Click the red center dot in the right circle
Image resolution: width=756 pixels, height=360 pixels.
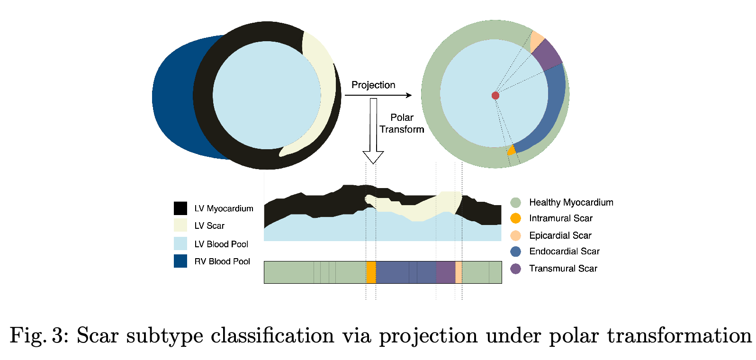(x=495, y=96)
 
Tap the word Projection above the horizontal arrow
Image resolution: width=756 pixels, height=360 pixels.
(x=373, y=85)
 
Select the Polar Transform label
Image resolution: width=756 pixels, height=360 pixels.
(x=402, y=123)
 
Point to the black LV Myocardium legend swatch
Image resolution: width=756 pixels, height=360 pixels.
(x=180, y=208)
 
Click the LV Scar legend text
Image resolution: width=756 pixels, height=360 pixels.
(x=209, y=226)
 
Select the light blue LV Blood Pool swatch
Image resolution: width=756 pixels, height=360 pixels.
(x=180, y=243)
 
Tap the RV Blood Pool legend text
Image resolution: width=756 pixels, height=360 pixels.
(x=222, y=261)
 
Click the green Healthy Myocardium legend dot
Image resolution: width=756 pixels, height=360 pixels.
(x=516, y=203)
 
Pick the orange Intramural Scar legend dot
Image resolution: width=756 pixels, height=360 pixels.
(x=516, y=218)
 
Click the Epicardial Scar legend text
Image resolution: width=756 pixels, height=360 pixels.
(x=560, y=235)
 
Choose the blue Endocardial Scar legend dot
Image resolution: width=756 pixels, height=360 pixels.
(x=516, y=252)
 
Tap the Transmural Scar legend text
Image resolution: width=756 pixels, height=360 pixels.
(x=563, y=269)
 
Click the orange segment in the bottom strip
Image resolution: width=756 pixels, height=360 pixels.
(x=371, y=272)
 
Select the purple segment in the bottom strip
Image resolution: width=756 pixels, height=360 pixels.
(x=446, y=272)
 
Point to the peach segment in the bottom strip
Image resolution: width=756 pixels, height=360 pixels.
(x=459, y=272)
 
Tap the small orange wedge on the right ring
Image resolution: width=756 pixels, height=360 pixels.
(x=511, y=151)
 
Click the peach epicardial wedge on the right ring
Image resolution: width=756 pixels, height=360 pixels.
(x=537, y=41)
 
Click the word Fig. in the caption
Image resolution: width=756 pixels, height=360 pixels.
(x=29, y=335)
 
